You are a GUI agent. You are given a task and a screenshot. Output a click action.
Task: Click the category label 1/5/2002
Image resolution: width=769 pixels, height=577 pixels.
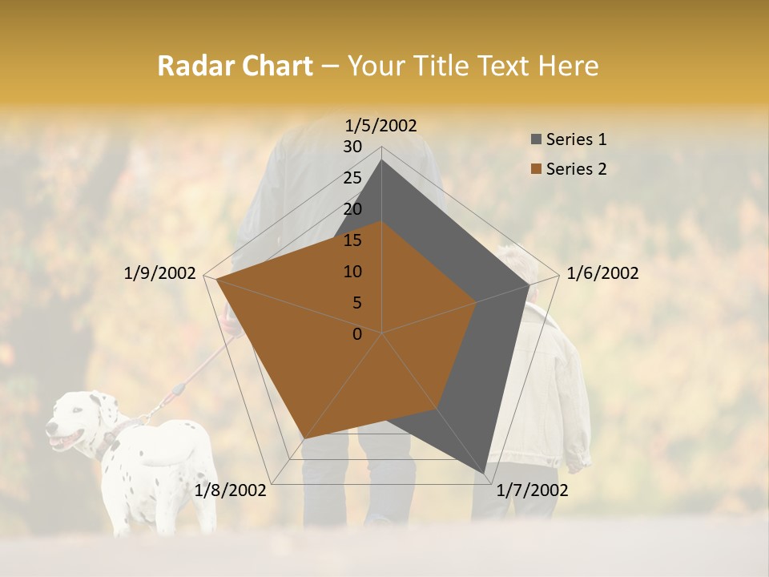pyautogui.click(x=381, y=125)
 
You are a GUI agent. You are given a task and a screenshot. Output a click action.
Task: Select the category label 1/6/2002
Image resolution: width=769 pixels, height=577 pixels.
pyautogui.click(x=602, y=273)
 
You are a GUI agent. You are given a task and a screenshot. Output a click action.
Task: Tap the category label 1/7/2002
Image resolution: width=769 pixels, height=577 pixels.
pyautogui.click(x=532, y=490)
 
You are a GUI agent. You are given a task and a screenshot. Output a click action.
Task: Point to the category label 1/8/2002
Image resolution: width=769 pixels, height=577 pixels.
pyautogui.click(x=231, y=490)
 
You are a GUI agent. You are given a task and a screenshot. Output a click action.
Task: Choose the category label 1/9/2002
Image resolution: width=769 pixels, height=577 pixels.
pyautogui.click(x=160, y=273)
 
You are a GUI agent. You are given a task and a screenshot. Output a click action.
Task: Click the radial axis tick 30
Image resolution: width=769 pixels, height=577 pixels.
pyautogui.click(x=352, y=147)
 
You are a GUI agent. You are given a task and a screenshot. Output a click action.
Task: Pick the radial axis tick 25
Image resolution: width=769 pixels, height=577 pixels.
pyautogui.click(x=352, y=178)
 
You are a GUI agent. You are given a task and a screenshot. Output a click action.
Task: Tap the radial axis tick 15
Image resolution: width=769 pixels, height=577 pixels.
pyautogui.click(x=352, y=240)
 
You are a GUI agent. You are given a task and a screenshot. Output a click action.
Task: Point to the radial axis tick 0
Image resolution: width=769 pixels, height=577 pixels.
pyautogui.click(x=357, y=334)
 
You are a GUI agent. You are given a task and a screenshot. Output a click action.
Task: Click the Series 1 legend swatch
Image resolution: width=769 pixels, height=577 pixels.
pyautogui.click(x=536, y=140)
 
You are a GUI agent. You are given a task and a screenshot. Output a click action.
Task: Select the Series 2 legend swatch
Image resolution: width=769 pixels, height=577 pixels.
pyautogui.click(x=536, y=169)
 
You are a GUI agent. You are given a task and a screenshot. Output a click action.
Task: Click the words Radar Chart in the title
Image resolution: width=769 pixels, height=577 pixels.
pyautogui.click(x=235, y=66)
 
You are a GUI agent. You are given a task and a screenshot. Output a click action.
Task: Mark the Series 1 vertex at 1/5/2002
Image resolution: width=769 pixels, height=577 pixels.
pyautogui.click(x=382, y=159)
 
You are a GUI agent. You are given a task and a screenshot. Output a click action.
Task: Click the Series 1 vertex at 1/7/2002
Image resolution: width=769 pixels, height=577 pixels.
pyautogui.click(x=485, y=474)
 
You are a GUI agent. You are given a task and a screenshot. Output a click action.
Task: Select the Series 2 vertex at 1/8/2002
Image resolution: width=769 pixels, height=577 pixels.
pyautogui.click(x=305, y=438)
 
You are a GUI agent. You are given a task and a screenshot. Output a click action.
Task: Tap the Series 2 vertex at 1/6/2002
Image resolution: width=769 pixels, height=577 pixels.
pyautogui.click(x=476, y=302)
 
